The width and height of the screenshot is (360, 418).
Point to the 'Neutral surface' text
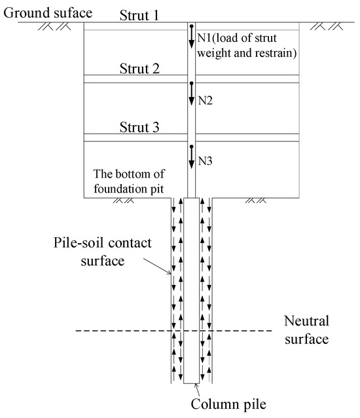(x=308, y=331)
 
